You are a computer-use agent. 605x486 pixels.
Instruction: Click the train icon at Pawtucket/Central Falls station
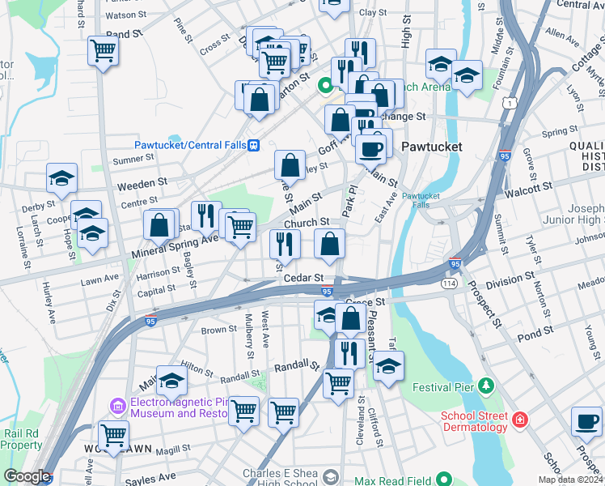pos(254,145)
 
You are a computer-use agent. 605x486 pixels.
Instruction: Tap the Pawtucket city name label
pos(432,147)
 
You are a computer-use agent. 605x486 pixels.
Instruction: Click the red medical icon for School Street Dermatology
pos(518,420)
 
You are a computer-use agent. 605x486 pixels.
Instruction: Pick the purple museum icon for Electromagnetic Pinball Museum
pos(118,403)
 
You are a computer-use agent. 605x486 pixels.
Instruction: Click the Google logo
pos(26,476)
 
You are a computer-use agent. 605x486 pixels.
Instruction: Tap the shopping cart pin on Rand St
pos(104,51)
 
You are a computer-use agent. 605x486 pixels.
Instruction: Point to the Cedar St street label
pos(304,278)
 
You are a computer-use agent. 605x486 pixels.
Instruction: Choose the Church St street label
pos(307,222)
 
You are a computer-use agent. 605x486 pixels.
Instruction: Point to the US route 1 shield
pos(509,103)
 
